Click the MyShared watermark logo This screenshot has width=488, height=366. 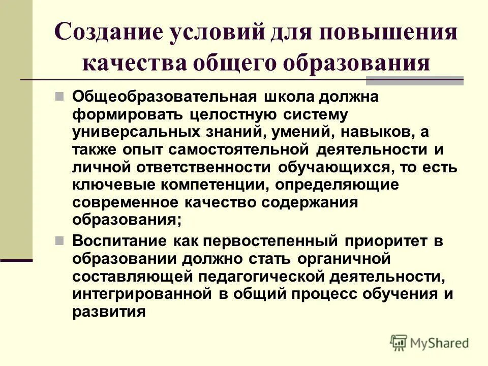(x=430, y=343)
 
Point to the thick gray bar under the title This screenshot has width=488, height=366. (x=415, y=80)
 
